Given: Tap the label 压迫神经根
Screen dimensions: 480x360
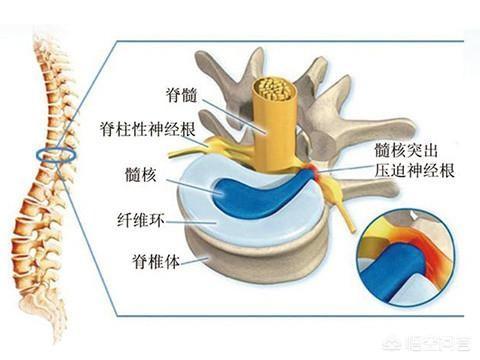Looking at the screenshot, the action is tap(412, 170).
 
